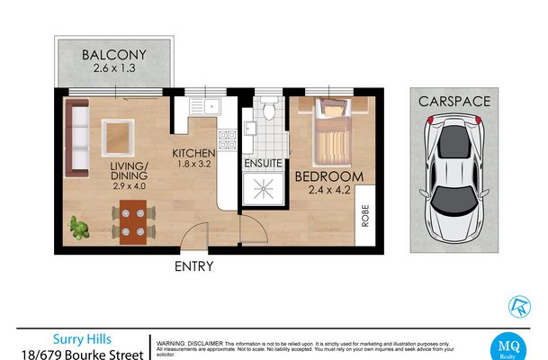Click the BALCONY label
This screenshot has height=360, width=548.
tap(114, 54)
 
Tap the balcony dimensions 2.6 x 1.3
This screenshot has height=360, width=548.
tap(114, 68)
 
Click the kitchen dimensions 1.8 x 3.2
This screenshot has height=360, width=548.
tap(194, 166)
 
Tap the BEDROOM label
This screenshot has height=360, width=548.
tap(328, 176)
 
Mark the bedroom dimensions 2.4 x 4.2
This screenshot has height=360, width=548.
tap(328, 190)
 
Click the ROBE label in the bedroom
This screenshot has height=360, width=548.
tap(365, 216)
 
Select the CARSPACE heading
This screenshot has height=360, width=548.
tap(454, 100)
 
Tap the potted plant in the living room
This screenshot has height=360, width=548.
tap(83, 229)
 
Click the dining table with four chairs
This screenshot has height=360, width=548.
tap(133, 222)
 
